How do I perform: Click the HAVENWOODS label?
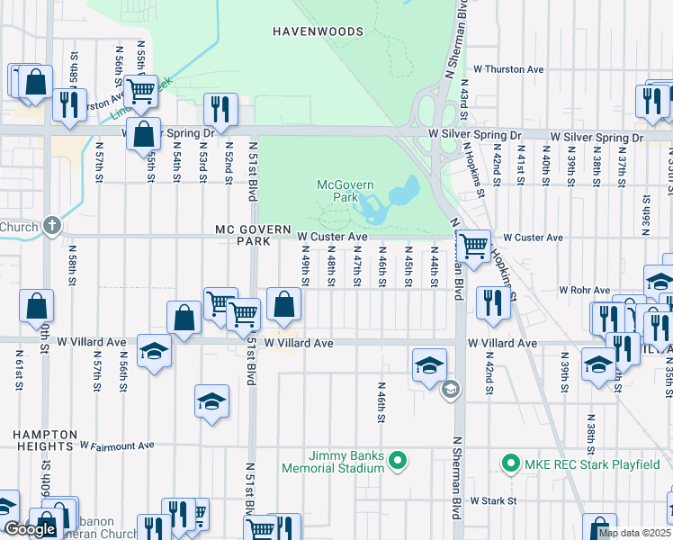pos(318,31)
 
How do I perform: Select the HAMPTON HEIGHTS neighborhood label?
pos(42,440)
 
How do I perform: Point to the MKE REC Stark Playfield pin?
pos(510,463)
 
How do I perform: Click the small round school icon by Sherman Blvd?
pos(450,389)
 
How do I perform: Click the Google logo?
pos(30,529)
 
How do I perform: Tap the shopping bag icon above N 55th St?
pos(144,133)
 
